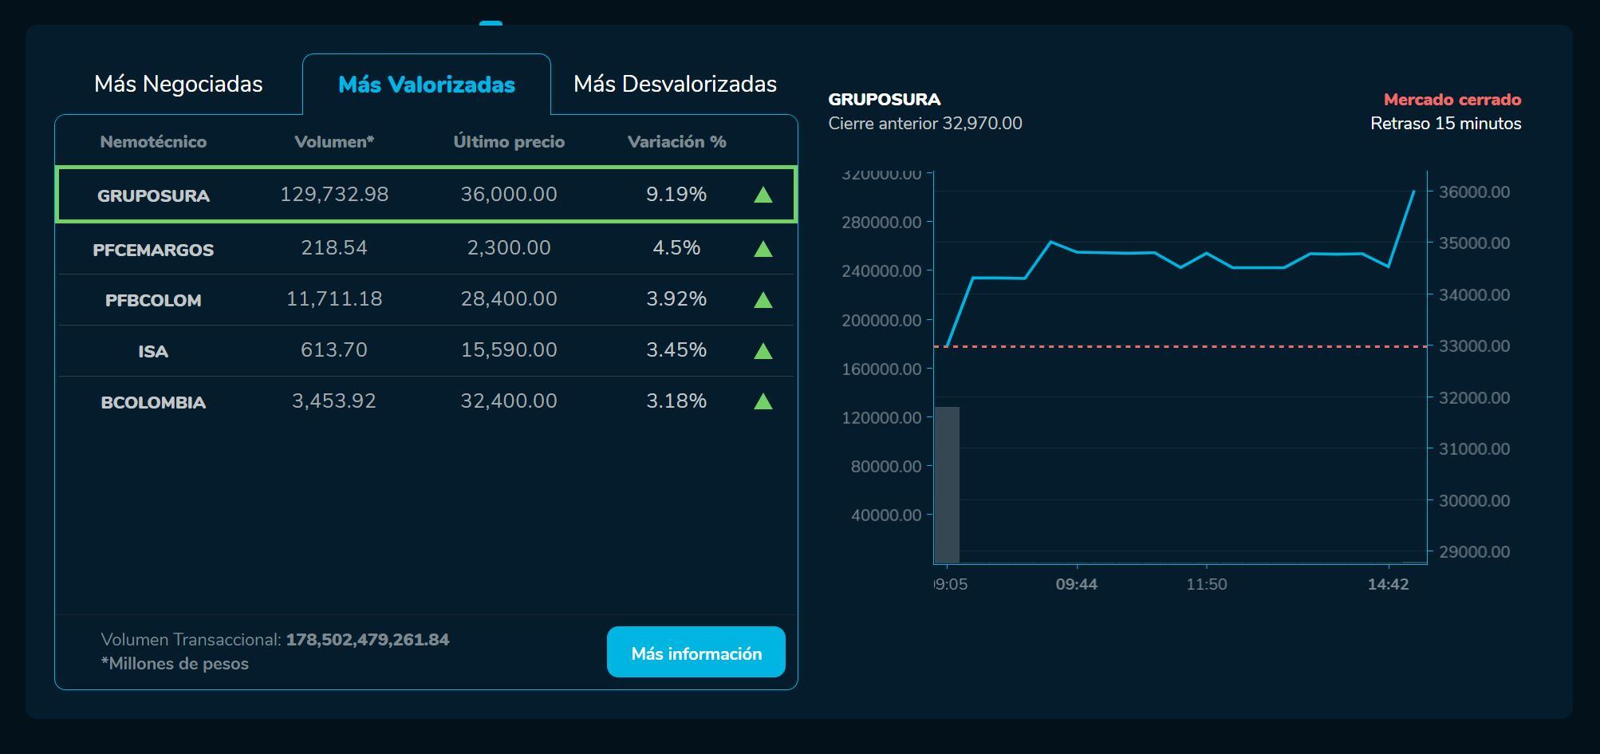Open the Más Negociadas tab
pos(178,84)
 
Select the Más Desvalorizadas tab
pos(675,84)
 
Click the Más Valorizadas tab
pos(427,85)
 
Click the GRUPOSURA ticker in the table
pos(153,195)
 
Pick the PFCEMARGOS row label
pos(153,250)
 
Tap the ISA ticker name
pos(153,351)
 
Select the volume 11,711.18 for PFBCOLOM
pos(334,299)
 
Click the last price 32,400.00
pos(509,401)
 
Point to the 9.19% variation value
pos(676,195)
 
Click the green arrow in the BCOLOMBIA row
pos(763,401)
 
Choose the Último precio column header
pos(509,142)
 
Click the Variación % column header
pos(676,142)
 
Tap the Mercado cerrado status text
pos(1452,100)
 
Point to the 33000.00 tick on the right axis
pos(1473,346)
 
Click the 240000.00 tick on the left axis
pos(881,271)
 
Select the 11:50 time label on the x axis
pos(1206,584)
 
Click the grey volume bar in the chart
pos(947,484)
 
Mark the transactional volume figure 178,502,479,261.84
pos(368,640)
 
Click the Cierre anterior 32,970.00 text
pos(925,124)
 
